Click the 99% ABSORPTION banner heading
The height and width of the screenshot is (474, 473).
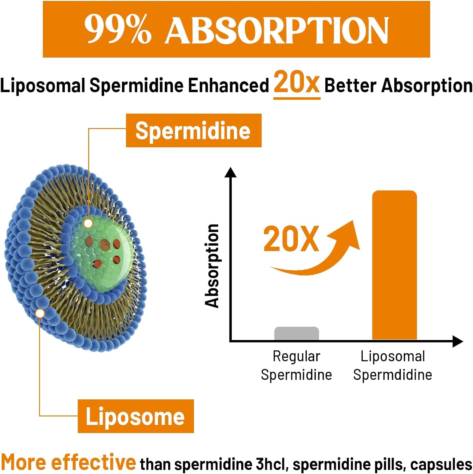click(x=236, y=29)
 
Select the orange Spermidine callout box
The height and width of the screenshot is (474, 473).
click(x=193, y=131)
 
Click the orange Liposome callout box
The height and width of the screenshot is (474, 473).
click(x=136, y=416)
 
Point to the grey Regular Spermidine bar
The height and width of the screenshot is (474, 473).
click(x=297, y=333)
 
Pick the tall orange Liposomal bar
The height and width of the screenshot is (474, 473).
click(x=394, y=265)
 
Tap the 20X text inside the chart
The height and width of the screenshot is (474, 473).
click(x=291, y=239)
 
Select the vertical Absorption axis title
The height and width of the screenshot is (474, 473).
click(x=212, y=265)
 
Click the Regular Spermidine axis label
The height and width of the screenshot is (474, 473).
click(x=297, y=366)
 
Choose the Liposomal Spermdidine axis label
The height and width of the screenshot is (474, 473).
click(x=393, y=366)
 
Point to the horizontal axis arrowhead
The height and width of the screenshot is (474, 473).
click(x=458, y=341)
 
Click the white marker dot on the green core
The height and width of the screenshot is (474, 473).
click(x=88, y=223)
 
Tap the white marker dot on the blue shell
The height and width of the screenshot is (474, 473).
click(x=40, y=313)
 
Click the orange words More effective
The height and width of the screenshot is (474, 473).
click(x=68, y=462)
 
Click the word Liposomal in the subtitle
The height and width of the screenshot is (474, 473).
click(x=43, y=85)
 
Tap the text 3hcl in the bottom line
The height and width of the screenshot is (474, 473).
click(x=272, y=464)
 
